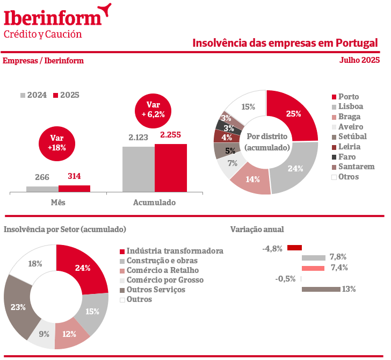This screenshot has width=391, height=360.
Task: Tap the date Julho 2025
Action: click(359, 60)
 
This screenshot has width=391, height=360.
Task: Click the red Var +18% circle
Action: click(56, 142)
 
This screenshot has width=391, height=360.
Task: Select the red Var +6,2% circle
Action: click(153, 110)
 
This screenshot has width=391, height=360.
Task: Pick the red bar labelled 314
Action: click(74, 188)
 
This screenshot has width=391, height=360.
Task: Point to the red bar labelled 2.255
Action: click(171, 168)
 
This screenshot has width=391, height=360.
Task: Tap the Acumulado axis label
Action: click(154, 203)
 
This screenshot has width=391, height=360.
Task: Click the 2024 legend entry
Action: click(34, 95)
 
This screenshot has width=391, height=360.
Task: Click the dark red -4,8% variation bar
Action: click(294, 248)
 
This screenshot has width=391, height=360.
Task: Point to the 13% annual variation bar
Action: click(321, 290)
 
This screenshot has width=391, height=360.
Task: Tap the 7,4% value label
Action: click(339, 268)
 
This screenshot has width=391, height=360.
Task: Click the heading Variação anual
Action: click(257, 229)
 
